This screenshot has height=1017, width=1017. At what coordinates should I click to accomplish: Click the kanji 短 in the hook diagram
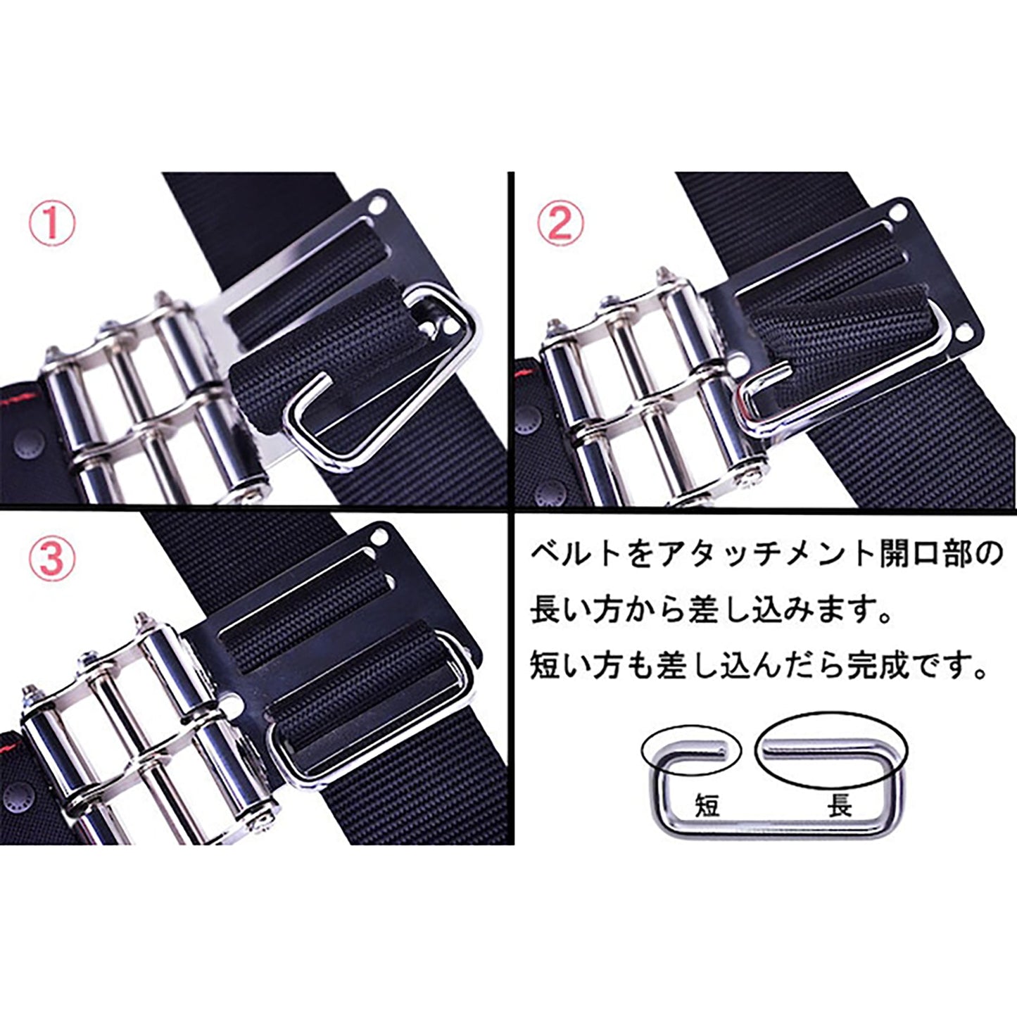[708, 806]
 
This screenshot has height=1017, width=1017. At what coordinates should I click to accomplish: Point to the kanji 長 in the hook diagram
[840, 806]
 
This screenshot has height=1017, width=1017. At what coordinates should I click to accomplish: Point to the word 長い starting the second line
[558, 614]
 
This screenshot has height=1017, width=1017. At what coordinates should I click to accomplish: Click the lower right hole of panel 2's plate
[961, 332]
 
